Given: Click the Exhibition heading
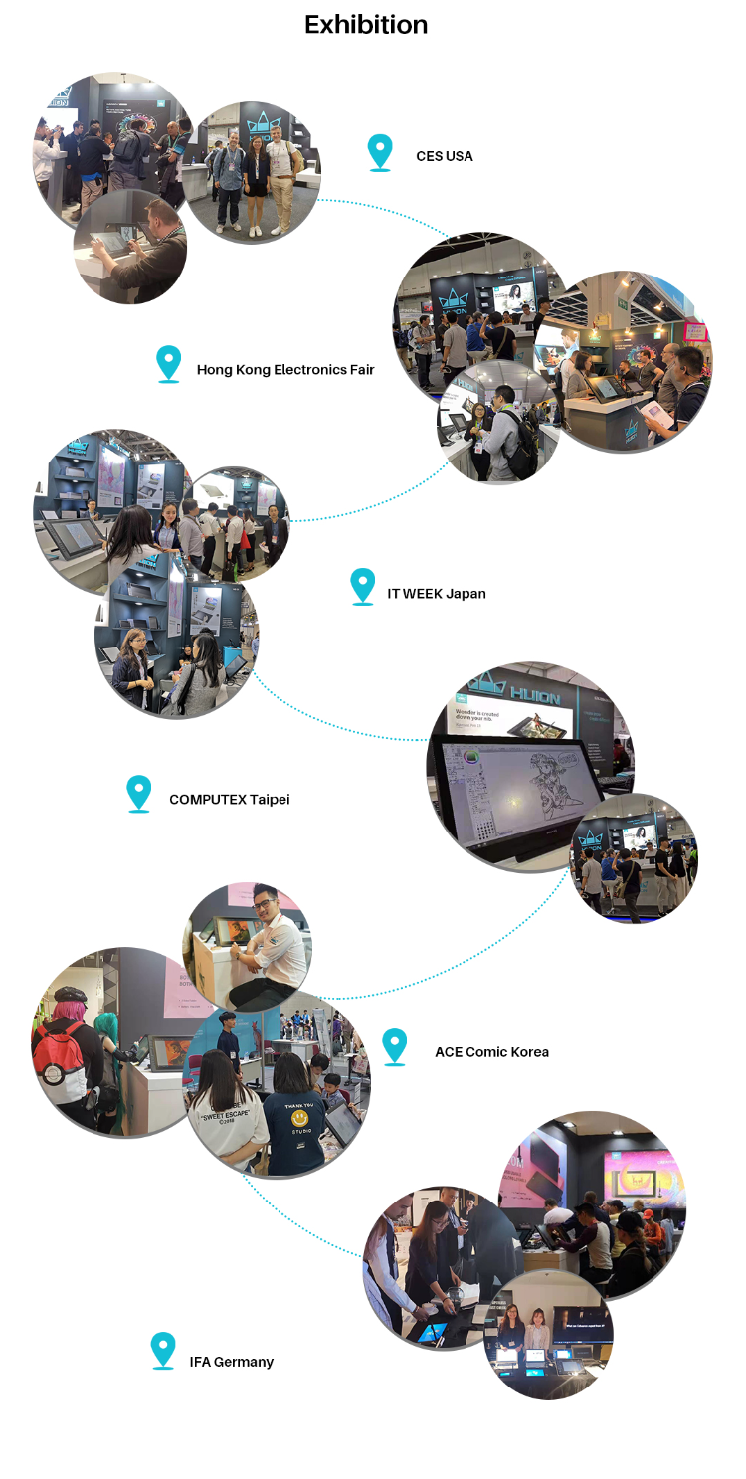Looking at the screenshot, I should pyautogui.click(x=366, y=25).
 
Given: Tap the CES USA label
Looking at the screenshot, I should pyautogui.click(x=444, y=156).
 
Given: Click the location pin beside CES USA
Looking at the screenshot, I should pyautogui.click(x=379, y=152).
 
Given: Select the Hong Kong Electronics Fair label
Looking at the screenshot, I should pyautogui.click(x=285, y=370).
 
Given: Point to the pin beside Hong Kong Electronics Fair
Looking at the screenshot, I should pyautogui.click(x=169, y=363).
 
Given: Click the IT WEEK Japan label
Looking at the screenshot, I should pyautogui.click(x=436, y=594).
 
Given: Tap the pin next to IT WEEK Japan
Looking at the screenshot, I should pyautogui.click(x=363, y=586).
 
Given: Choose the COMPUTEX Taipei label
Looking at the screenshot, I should pyautogui.click(x=229, y=799).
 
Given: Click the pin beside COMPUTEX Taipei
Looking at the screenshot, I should pyautogui.click(x=139, y=793).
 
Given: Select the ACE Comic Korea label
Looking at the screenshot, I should pyautogui.click(x=491, y=1051).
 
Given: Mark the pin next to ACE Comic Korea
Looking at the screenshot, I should pyautogui.click(x=395, y=1045).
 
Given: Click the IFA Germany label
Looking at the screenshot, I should pyautogui.click(x=231, y=1361).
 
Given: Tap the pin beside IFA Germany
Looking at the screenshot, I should pyautogui.click(x=163, y=1350).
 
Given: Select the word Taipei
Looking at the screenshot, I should pyautogui.click(x=270, y=799).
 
